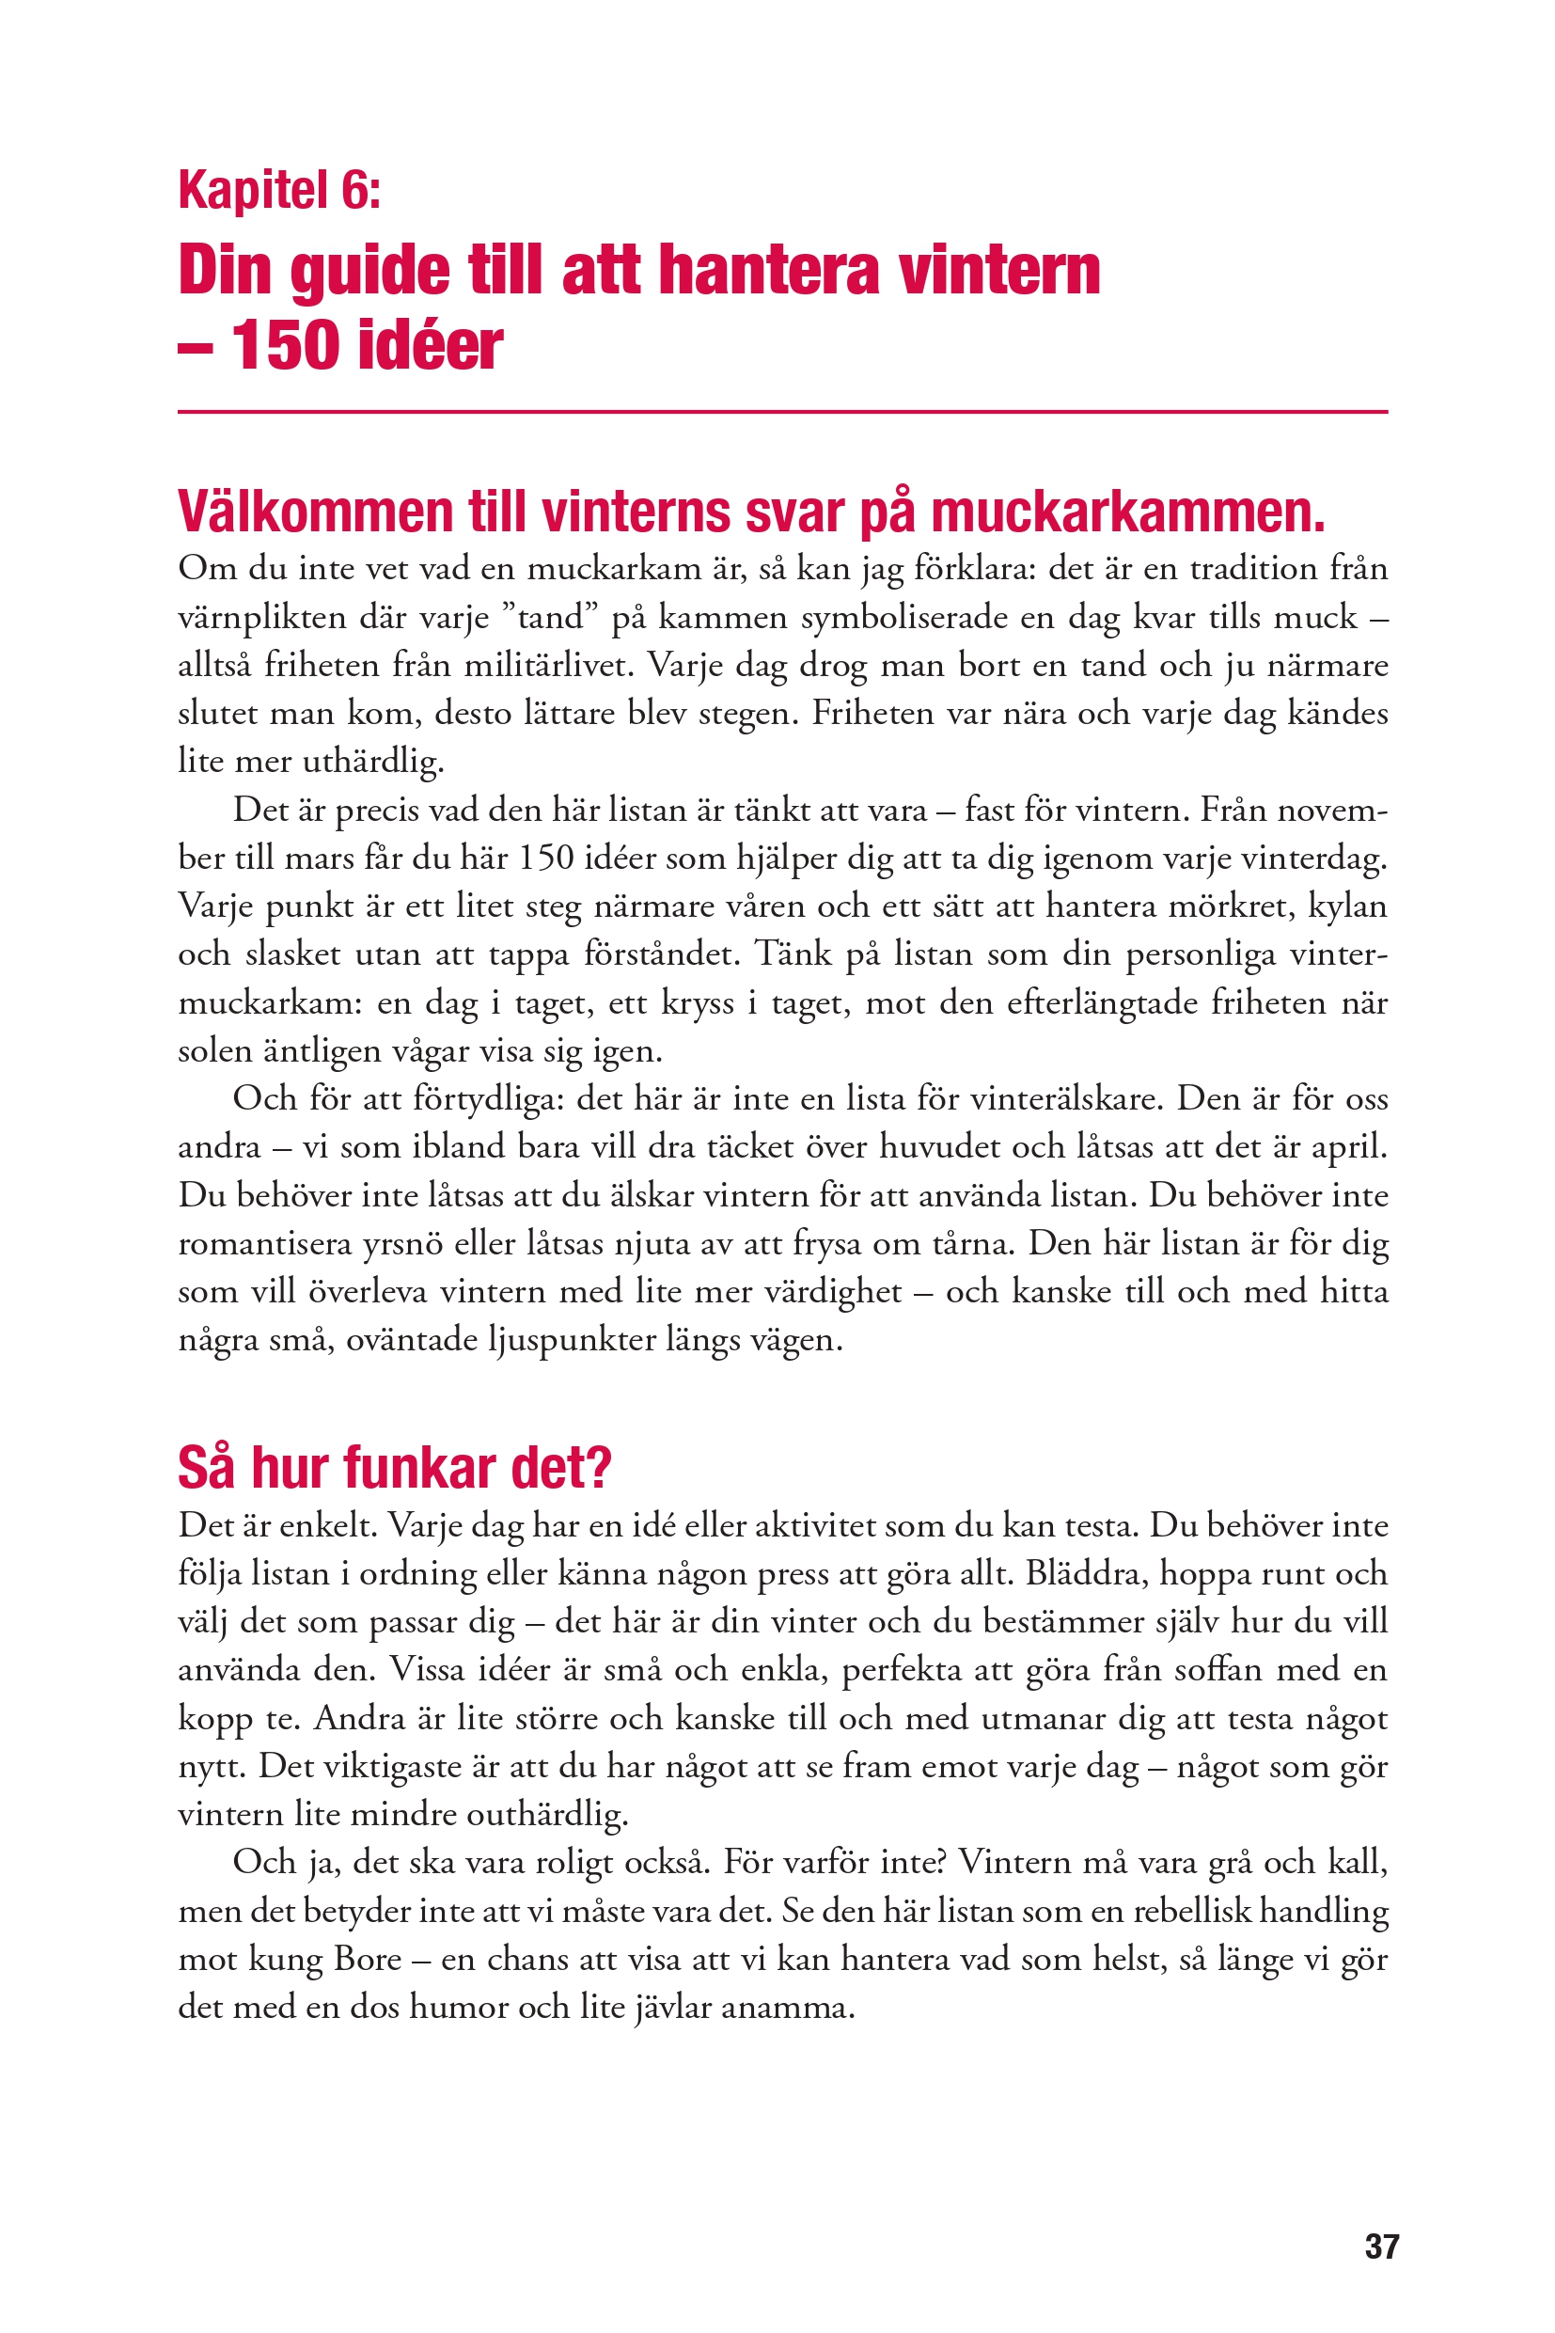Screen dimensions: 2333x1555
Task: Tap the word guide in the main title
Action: pos(369,271)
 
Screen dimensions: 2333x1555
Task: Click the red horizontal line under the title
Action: pos(781,412)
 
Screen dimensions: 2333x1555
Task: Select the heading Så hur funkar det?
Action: pos(395,1468)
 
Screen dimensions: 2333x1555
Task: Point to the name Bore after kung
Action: pos(367,1959)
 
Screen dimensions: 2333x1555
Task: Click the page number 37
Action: pos(1381,2246)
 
